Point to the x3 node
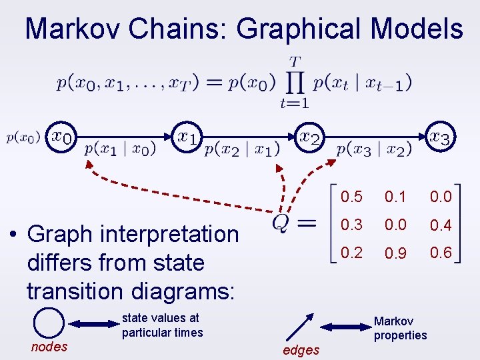coord(440,137)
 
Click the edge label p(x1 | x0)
coord(120,149)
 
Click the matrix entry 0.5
coord(351,197)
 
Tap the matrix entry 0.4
coord(441,225)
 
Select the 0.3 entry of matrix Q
coord(351,225)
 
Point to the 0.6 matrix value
coord(441,253)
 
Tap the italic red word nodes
coord(49,346)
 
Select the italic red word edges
coord(301,350)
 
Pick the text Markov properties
coord(400,328)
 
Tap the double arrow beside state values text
coord(94,324)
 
